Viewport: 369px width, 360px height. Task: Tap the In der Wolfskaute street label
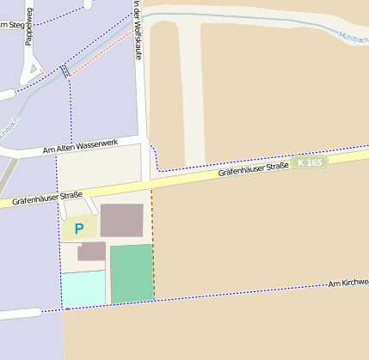(138, 30)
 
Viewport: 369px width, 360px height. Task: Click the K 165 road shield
(309, 162)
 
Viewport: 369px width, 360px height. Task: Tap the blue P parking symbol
(79, 229)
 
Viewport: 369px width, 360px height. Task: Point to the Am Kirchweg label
(348, 282)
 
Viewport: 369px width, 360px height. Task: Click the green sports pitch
(132, 273)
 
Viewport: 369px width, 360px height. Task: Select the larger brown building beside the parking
(122, 220)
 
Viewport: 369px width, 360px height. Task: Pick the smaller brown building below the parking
(91, 252)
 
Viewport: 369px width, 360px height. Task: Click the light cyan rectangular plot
(83, 288)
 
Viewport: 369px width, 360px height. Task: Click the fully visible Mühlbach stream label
(353, 37)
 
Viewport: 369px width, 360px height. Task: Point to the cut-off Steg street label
(10, 24)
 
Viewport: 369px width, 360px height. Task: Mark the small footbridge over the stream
(65, 71)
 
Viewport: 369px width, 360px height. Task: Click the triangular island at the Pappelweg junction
(34, 70)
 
